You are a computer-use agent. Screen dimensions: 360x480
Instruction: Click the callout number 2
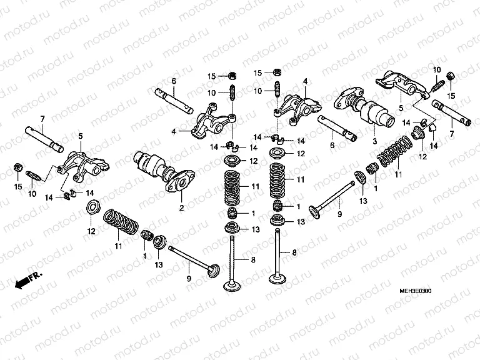181,207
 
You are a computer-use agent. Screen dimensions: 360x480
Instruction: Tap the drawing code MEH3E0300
416,291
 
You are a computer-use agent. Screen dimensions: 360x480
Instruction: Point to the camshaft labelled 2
159,170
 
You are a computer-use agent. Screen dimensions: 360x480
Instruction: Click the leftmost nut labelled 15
18,168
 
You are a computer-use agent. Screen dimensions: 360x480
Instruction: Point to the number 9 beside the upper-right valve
340,214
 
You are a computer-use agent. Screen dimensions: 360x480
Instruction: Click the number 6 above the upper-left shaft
174,81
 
